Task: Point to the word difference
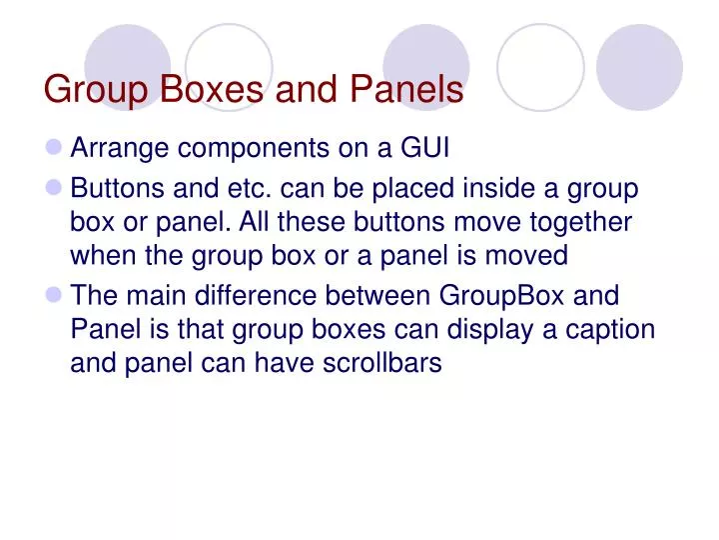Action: click(x=256, y=296)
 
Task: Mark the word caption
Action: click(x=608, y=330)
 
